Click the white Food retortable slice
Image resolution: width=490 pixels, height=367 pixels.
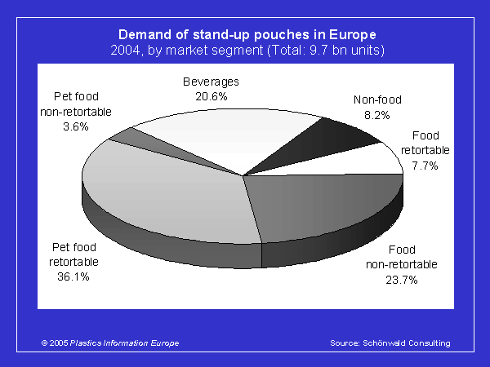(369, 162)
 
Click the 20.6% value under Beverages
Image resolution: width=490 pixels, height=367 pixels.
(212, 96)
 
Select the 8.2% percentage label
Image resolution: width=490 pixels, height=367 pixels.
(377, 115)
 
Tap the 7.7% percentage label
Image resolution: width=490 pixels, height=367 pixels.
(425, 166)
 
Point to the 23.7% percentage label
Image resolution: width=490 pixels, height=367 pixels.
(402, 280)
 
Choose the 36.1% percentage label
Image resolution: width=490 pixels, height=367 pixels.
(73, 276)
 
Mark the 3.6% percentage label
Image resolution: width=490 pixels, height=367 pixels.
(76, 126)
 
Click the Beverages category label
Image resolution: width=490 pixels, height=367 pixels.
(211, 82)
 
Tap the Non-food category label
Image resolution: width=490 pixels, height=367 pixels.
(377, 99)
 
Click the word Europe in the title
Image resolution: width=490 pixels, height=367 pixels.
(353, 34)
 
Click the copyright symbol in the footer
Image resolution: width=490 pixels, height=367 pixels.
(44, 343)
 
